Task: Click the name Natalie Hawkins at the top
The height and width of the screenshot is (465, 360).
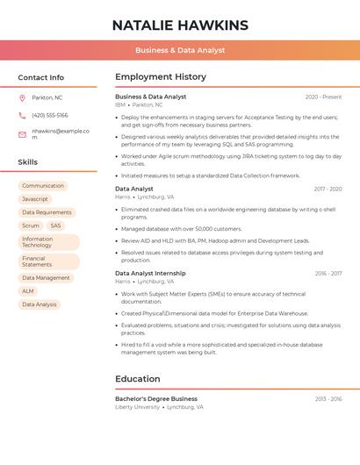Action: (180, 25)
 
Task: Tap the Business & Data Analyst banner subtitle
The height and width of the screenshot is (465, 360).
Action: (180, 51)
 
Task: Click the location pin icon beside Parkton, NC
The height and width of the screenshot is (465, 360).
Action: (22, 97)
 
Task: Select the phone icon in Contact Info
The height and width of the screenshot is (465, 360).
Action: (22, 115)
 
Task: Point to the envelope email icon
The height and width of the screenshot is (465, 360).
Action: (22, 133)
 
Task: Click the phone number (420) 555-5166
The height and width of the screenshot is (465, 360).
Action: (49, 115)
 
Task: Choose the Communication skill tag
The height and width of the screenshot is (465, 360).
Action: (43, 186)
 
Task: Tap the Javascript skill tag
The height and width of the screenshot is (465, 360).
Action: (35, 199)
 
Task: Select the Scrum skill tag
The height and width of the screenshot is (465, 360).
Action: (31, 225)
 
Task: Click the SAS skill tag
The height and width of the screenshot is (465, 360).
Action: (56, 225)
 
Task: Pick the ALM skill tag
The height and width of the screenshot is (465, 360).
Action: (28, 291)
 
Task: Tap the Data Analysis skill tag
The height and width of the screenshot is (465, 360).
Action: (40, 304)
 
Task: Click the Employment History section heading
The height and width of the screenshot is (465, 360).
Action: (161, 77)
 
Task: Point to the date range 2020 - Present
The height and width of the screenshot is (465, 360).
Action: (323, 97)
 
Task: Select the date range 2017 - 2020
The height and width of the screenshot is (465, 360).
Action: (328, 189)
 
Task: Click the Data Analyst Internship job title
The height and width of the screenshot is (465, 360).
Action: (150, 273)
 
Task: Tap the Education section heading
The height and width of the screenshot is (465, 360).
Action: (137, 379)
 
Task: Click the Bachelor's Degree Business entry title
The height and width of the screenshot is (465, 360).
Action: (156, 398)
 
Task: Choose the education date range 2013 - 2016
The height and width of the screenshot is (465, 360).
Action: (328, 398)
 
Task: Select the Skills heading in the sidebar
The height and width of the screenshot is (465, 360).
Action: (28, 162)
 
